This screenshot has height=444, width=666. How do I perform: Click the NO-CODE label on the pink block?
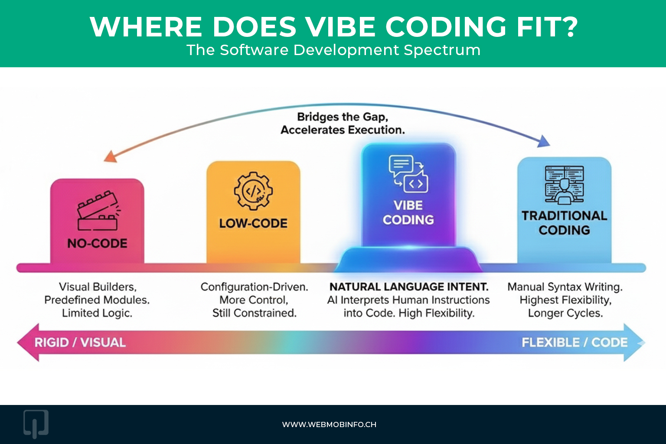(x=97, y=243)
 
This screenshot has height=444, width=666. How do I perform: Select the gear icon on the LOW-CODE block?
(x=253, y=191)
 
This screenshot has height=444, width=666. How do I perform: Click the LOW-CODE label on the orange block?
(x=253, y=223)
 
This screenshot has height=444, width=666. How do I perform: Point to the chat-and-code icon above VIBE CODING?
(x=408, y=173)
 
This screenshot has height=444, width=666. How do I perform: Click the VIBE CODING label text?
(x=408, y=212)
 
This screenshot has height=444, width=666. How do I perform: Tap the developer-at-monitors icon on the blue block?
(x=564, y=185)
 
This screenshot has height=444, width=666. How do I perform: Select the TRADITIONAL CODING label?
(x=564, y=223)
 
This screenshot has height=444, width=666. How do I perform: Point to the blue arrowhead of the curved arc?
(x=544, y=141)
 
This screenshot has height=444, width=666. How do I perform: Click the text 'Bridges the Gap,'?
(x=343, y=117)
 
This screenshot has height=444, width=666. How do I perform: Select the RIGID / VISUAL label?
(x=80, y=343)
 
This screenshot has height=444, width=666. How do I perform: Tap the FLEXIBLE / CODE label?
(x=575, y=343)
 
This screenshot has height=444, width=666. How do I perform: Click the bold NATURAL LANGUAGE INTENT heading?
(x=409, y=287)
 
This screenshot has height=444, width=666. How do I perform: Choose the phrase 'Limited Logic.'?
(x=97, y=313)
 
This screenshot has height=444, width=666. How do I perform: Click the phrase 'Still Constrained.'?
(x=255, y=313)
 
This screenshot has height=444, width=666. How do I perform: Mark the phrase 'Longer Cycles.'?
(x=565, y=313)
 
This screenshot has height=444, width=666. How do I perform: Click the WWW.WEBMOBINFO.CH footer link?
(x=329, y=424)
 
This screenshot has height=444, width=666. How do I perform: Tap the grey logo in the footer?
(x=36, y=424)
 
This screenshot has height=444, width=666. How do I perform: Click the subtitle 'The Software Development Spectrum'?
(x=333, y=50)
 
